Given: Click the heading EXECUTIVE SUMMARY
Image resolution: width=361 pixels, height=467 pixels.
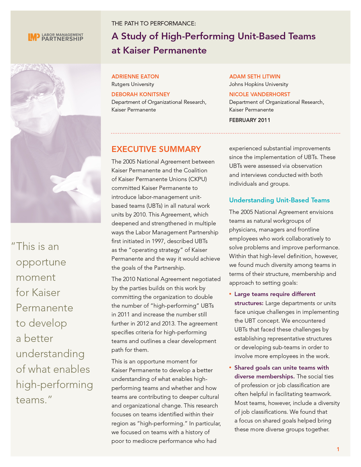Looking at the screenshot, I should (156, 149).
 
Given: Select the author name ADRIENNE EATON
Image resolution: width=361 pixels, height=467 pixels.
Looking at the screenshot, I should (135, 76).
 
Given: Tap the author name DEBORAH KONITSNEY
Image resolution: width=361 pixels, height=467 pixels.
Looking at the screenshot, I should (140, 94).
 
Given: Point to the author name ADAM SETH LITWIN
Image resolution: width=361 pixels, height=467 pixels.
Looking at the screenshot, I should (255, 76).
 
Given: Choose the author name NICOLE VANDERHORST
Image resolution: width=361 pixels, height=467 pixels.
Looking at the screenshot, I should (260, 94).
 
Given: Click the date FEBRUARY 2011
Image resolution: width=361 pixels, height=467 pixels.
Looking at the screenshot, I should (249, 120).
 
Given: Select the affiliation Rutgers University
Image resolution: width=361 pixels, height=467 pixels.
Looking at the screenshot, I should (133, 84).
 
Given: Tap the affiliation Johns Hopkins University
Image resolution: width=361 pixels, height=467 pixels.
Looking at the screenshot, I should (259, 84).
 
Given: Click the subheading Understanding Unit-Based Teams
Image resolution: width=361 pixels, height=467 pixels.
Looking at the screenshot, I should (279, 200).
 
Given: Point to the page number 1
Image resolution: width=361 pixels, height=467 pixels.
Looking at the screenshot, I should (338, 449).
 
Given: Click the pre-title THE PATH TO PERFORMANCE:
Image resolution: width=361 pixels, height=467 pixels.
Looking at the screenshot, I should (153, 23).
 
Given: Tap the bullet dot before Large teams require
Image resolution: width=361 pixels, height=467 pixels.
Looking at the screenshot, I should (230, 294).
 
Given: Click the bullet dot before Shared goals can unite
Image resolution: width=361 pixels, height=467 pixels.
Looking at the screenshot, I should (230, 368).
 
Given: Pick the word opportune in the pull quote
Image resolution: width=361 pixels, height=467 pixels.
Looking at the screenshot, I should (41, 262).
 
